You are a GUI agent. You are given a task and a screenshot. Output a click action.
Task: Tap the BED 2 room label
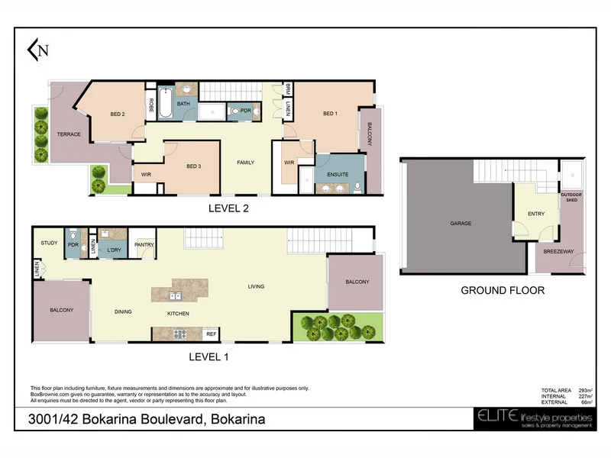coord(117,114)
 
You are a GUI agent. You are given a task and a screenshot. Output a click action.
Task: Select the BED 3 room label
coord(193,166)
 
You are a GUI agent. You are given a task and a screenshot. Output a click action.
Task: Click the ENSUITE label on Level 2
coord(338,174)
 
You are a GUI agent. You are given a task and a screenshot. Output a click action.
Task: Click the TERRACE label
coord(69,134)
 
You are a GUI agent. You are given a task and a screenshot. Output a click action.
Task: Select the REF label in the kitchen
coord(212,334)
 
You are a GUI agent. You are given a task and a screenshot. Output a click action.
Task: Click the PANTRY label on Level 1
coord(144,245)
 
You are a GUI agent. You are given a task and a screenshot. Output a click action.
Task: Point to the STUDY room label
coord(49,243)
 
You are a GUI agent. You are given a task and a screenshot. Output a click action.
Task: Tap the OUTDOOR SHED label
coord(571,198)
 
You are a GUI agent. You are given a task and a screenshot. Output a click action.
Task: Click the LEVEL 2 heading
coord(229,207)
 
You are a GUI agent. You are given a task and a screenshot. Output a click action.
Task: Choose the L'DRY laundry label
coord(115,250)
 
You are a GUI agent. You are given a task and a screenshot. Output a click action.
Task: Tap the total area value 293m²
coord(586,390)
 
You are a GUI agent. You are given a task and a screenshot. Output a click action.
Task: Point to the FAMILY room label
coord(245,163)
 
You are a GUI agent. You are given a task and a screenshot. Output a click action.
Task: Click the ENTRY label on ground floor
coord(536,214)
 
